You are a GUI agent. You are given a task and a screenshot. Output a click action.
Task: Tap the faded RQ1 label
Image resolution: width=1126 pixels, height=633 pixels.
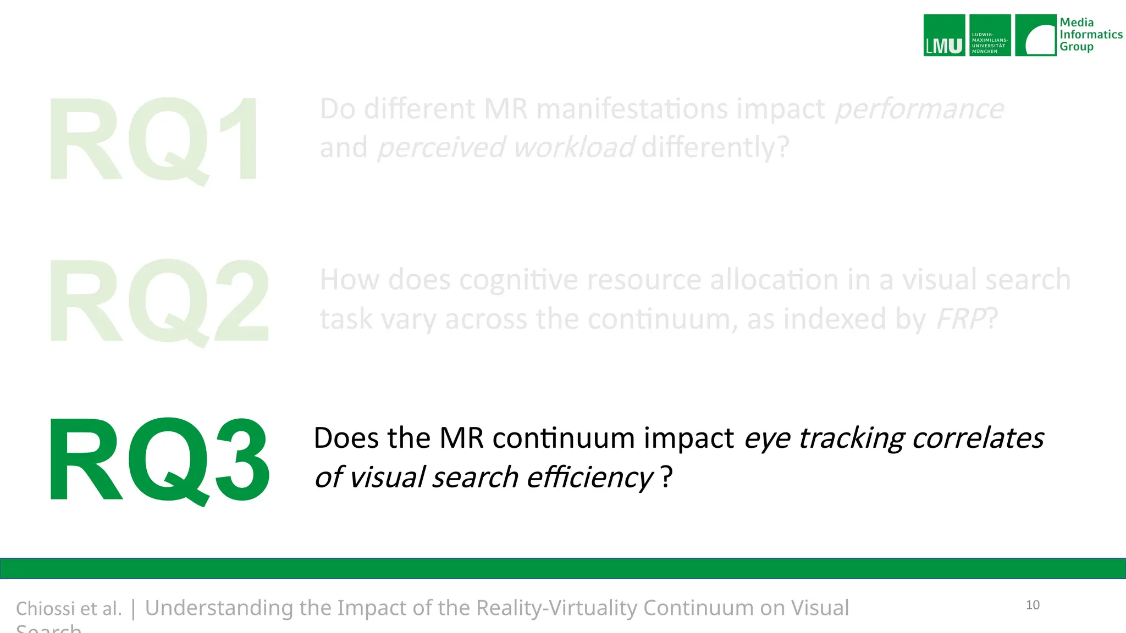tap(154, 140)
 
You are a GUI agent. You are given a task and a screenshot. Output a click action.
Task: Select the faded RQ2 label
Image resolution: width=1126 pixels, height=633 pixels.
tap(159, 301)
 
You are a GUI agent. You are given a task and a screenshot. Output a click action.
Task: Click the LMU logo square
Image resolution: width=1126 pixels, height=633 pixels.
tap(944, 35)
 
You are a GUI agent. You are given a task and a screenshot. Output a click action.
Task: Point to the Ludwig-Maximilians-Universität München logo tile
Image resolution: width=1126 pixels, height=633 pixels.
tap(990, 35)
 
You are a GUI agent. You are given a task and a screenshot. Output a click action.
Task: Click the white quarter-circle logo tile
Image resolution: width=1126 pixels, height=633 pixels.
tap(1035, 35)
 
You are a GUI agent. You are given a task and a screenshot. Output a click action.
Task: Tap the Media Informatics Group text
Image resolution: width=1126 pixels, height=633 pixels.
tap(1091, 35)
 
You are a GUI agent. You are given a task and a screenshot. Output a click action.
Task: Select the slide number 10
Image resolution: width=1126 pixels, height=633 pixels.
tap(1033, 605)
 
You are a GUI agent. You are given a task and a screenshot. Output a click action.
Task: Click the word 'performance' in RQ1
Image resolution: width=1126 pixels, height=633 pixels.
tap(919, 109)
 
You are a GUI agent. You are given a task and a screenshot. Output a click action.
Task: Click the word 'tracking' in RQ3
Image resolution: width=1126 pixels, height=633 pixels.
tap(851, 438)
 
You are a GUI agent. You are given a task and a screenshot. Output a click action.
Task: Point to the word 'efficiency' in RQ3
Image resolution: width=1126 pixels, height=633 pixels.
tap(590, 477)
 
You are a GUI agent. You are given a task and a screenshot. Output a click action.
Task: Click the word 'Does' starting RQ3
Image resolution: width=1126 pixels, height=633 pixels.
tap(346, 438)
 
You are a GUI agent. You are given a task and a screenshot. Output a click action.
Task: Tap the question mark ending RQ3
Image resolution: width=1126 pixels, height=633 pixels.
tap(666, 477)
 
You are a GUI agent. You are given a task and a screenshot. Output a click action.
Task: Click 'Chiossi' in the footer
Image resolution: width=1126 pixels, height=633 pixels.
tap(45, 609)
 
